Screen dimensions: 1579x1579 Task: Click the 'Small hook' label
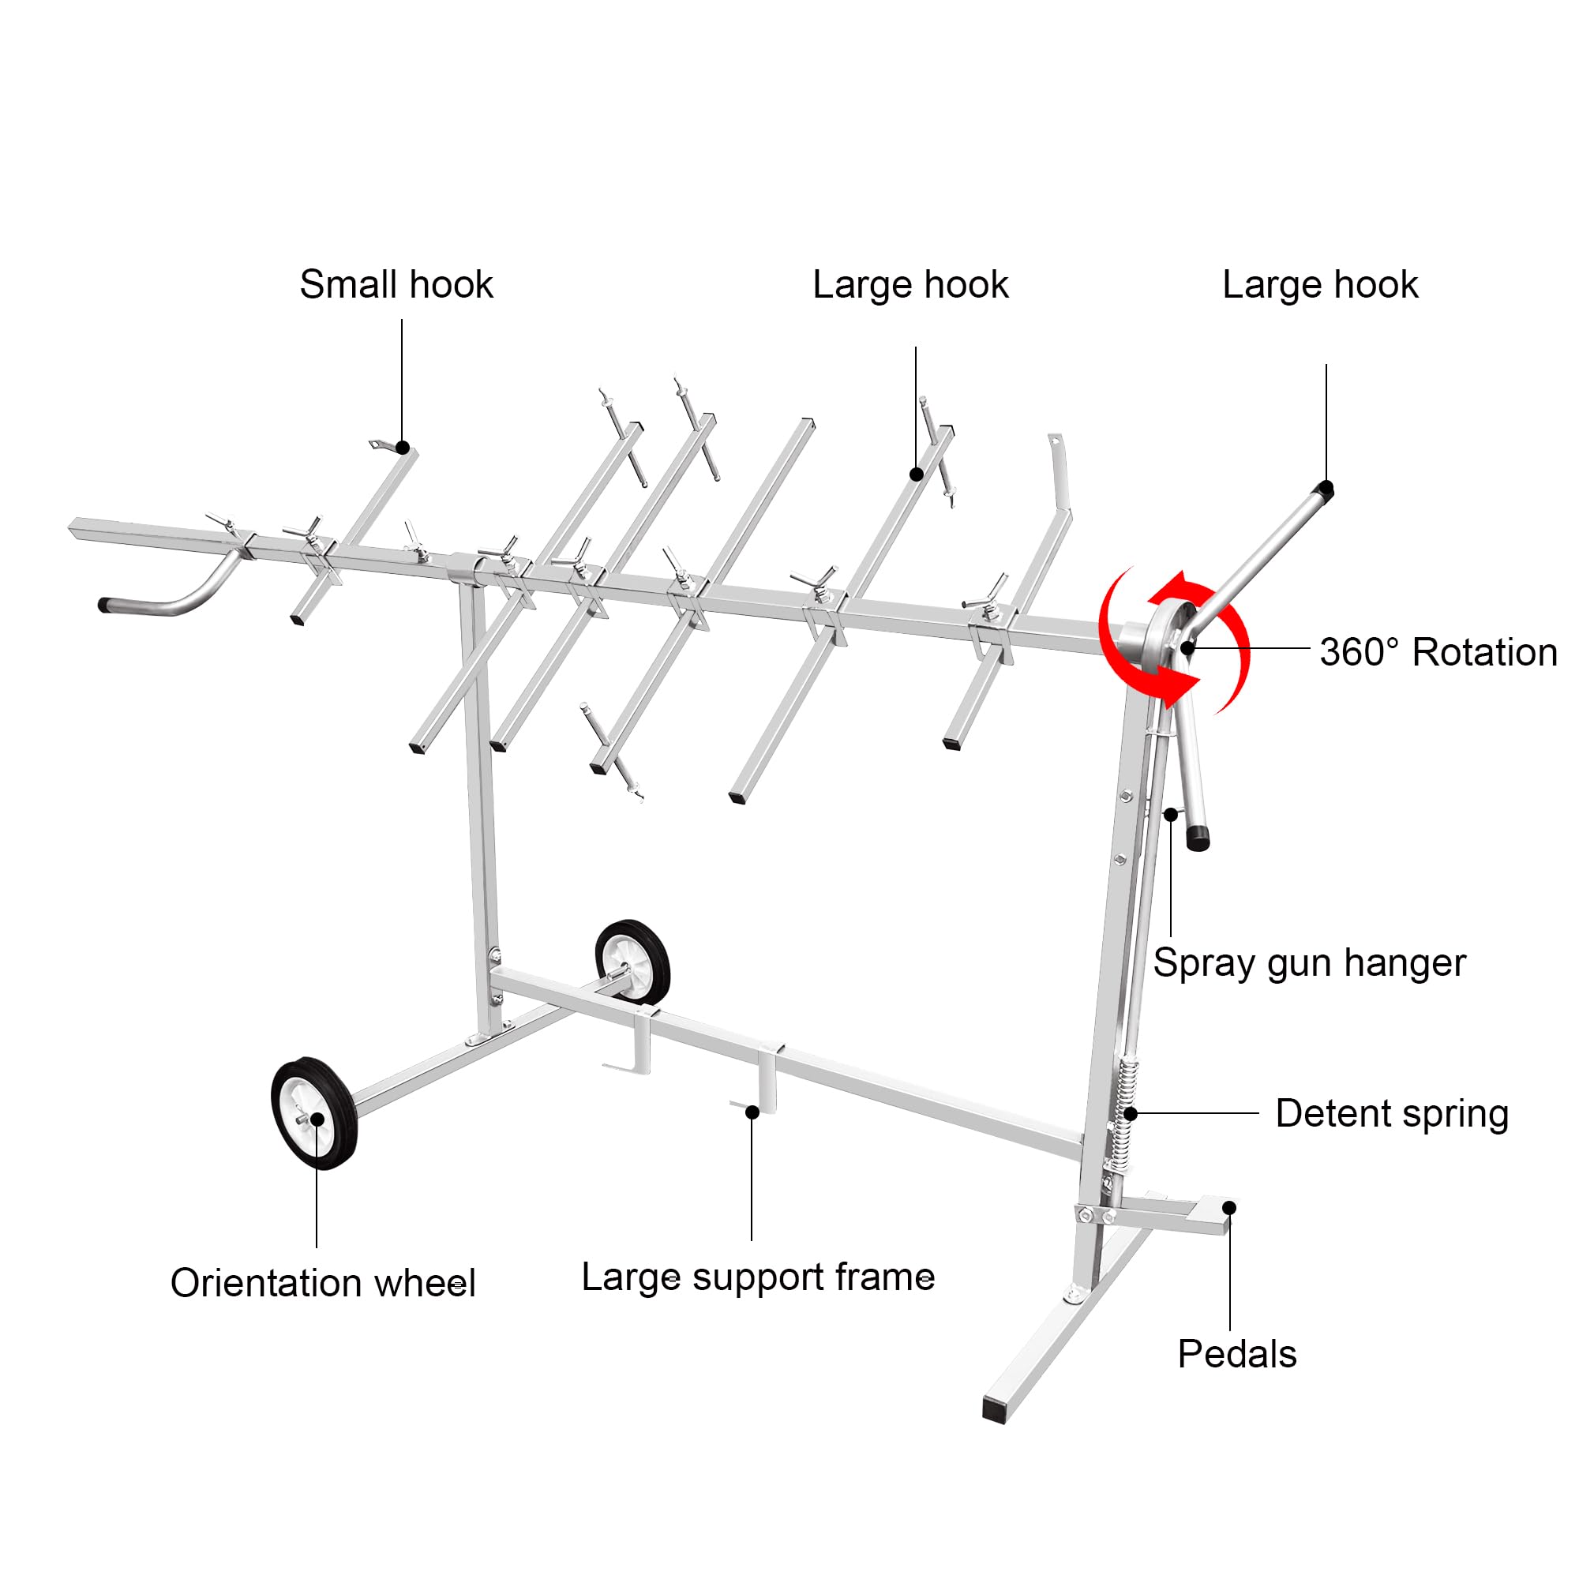tap(396, 284)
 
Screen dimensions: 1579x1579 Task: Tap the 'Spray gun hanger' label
tap(1309, 962)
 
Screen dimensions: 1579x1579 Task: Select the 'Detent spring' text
tap(1392, 1113)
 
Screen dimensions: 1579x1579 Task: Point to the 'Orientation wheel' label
tap(323, 1282)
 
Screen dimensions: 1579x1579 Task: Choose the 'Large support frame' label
tap(758, 1277)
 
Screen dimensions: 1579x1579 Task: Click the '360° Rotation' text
tap(1438, 652)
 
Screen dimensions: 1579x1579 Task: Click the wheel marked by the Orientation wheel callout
tap(314, 1113)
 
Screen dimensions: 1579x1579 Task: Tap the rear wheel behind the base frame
tap(632, 961)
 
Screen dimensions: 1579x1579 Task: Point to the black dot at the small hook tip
tap(403, 448)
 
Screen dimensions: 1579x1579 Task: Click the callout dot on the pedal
tap(1229, 1208)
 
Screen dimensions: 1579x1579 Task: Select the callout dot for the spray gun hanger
tap(1171, 814)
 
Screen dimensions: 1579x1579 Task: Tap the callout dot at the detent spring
tap(1131, 1113)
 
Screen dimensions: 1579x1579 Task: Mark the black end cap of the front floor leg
tap(995, 1410)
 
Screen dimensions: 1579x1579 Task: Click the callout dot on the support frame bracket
tap(752, 1112)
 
